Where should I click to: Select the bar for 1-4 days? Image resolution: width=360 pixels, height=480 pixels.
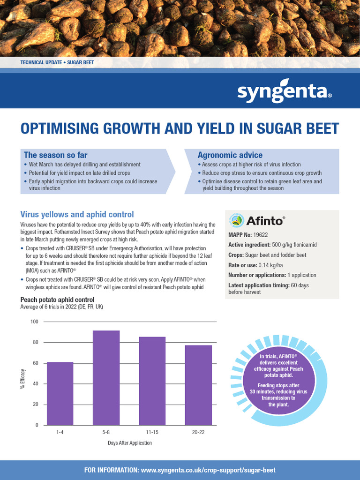pos(60,394)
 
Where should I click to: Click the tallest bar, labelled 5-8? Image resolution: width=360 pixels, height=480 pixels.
pos(106,378)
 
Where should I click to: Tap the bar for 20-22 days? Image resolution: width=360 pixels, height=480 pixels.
pos(198,385)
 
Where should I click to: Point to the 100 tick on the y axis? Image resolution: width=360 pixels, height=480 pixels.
pos(34,322)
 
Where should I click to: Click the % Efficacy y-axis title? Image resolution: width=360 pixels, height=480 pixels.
pos(22,379)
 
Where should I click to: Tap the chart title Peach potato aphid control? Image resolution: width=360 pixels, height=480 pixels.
pos(57,300)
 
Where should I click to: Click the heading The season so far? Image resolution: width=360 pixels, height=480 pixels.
pos(55,155)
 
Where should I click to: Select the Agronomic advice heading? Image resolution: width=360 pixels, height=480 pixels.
pos(230,155)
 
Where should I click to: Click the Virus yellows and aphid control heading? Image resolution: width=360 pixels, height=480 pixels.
pos(77,215)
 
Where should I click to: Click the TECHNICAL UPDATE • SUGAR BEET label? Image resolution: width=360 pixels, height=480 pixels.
pos(57,62)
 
